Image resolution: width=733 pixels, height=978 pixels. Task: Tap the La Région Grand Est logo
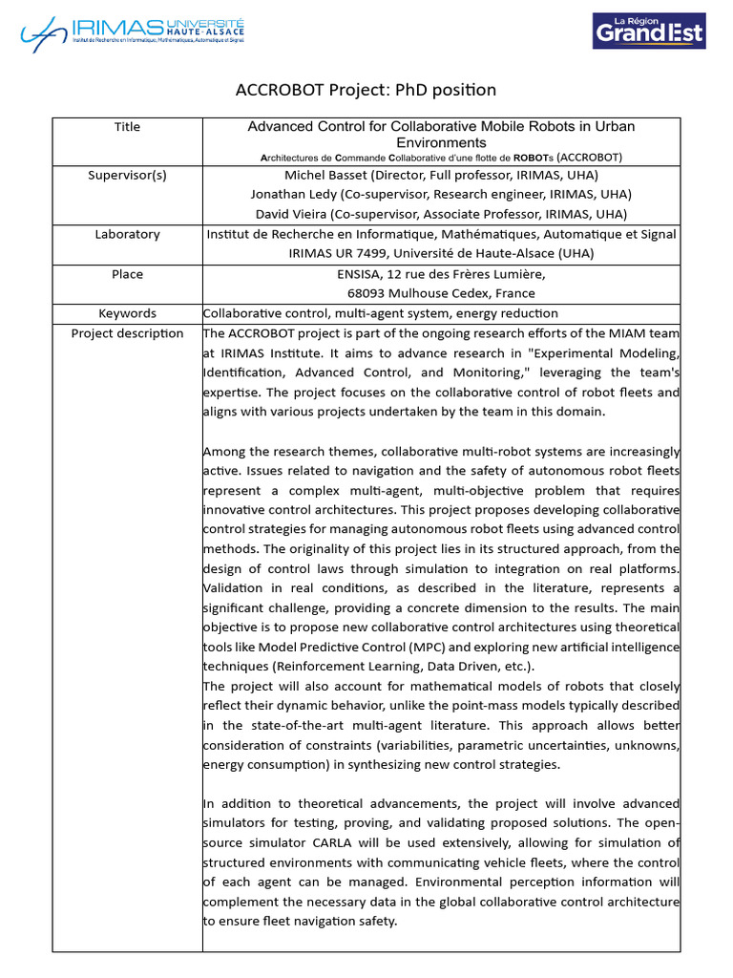click(649, 31)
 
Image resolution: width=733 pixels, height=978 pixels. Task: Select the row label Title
click(127, 127)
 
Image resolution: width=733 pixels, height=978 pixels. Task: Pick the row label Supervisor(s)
click(127, 175)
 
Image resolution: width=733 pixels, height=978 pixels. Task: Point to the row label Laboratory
click(127, 234)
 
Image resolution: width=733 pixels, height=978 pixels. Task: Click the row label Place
click(127, 274)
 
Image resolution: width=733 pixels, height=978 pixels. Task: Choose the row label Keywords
click(127, 313)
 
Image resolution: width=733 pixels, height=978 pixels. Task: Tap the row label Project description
click(127, 333)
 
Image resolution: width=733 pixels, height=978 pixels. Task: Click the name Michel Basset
click(327, 175)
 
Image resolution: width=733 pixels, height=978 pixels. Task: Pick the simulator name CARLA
click(337, 842)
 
